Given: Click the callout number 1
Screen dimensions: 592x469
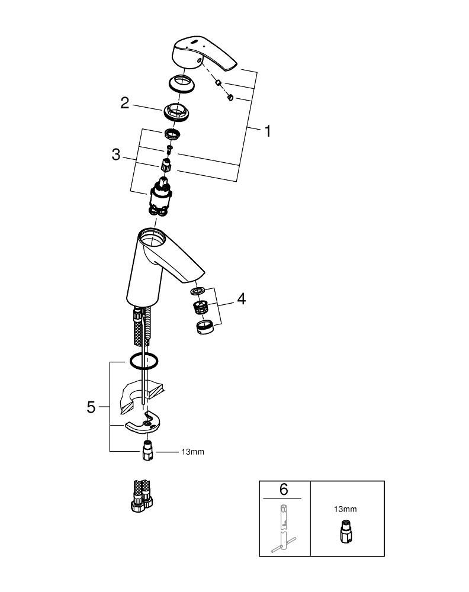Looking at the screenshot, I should pos(268,131).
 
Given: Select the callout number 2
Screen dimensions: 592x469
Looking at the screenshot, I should pos(124,102).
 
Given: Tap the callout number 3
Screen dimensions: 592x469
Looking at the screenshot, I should pos(116,155).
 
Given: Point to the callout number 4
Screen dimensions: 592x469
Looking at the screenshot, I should pos(241,299).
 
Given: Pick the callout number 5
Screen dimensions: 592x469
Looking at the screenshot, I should pos(91,407).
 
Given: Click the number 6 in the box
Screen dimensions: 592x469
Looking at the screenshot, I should pos(284,490).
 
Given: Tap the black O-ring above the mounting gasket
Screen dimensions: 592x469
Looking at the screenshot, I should pos(142,361).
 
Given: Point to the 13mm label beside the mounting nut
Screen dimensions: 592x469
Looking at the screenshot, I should pos(192,452).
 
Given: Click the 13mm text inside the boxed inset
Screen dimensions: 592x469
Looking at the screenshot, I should pos(345,509).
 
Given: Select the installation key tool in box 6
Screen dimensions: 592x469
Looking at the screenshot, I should pos(284,527).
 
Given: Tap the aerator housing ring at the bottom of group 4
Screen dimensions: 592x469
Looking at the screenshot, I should pos(203,327).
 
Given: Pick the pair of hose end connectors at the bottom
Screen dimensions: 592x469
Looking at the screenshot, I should pos(140,495).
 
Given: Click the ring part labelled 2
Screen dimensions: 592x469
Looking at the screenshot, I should pos(175,111).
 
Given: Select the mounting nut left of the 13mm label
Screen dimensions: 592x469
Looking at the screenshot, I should pos(147,452).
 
